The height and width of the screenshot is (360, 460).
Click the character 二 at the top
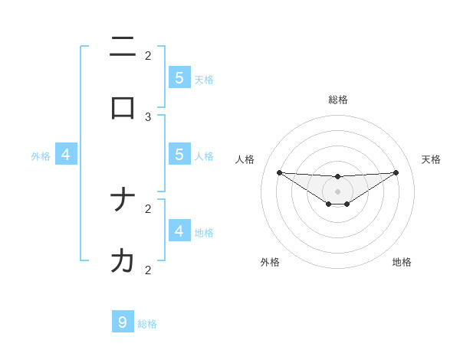pyautogui.click(x=123, y=47)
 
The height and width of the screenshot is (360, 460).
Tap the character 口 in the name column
pyautogui.click(x=123, y=108)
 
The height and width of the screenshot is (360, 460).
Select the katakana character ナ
pyautogui.click(x=123, y=201)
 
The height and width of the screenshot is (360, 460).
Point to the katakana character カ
pyautogui.click(x=123, y=261)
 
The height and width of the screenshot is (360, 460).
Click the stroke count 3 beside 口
pyautogui.click(x=148, y=116)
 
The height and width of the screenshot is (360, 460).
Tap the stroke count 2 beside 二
pyautogui.click(x=148, y=55)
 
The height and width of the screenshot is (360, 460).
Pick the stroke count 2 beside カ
pyautogui.click(x=148, y=270)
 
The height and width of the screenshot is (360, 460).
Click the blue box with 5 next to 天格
pyautogui.click(x=179, y=77)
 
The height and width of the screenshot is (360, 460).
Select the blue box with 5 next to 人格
pyautogui.click(x=179, y=154)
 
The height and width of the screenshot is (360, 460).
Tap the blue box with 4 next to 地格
pyautogui.click(x=179, y=230)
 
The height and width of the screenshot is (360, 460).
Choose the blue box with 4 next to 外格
pyautogui.click(x=66, y=155)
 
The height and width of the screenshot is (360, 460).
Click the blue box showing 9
pyautogui.click(x=123, y=322)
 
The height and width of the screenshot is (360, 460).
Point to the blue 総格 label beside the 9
pyautogui.click(x=147, y=324)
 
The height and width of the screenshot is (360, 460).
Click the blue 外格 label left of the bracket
pyautogui.click(x=41, y=156)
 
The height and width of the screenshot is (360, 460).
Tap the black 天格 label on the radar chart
pyautogui.click(x=431, y=159)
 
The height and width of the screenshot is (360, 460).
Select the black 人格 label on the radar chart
pyautogui.click(x=245, y=159)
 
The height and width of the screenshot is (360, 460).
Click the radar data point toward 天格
pyautogui.click(x=396, y=172)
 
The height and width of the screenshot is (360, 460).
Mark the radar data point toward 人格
pyautogui.click(x=279, y=172)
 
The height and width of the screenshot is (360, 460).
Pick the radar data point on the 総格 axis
pyautogui.click(x=337, y=177)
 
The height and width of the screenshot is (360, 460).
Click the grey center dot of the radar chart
pyautogui.click(x=337, y=191)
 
